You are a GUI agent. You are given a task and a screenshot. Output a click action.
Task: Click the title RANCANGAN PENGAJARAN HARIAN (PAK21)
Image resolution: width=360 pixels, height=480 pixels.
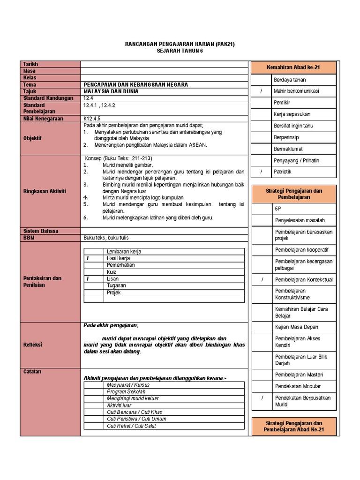click(x=180, y=44)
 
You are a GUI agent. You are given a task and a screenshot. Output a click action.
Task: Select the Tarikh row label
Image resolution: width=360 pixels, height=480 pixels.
click(x=30, y=64)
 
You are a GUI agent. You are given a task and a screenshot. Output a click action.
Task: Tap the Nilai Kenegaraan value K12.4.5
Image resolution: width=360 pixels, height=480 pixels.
click(x=92, y=119)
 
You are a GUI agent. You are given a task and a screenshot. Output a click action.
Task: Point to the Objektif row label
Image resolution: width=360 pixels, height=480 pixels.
click(x=33, y=139)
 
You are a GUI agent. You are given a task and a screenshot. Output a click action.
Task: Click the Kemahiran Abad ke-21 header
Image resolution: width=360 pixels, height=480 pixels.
click(x=294, y=68)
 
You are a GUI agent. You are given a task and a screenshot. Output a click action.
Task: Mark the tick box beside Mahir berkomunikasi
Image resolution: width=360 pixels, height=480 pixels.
click(x=262, y=91)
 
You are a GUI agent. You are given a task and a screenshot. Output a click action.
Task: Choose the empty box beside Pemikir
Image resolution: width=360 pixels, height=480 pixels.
click(x=262, y=103)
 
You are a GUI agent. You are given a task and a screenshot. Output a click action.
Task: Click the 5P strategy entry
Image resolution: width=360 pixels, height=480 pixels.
click(x=278, y=209)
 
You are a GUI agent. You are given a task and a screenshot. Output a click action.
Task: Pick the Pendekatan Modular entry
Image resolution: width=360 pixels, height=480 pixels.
click(x=298, y=386)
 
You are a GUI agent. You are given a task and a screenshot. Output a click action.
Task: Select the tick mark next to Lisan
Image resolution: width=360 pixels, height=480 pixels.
click(x=88, y=278)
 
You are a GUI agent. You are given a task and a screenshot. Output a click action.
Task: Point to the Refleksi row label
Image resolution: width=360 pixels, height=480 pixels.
click(x=33, y=345)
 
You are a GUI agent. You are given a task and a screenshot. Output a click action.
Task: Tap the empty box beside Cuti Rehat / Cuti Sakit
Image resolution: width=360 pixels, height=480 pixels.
click(x=94, y=426)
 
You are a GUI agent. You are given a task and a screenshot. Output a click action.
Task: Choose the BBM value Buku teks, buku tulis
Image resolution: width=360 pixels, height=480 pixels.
click(x=106, y=238)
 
